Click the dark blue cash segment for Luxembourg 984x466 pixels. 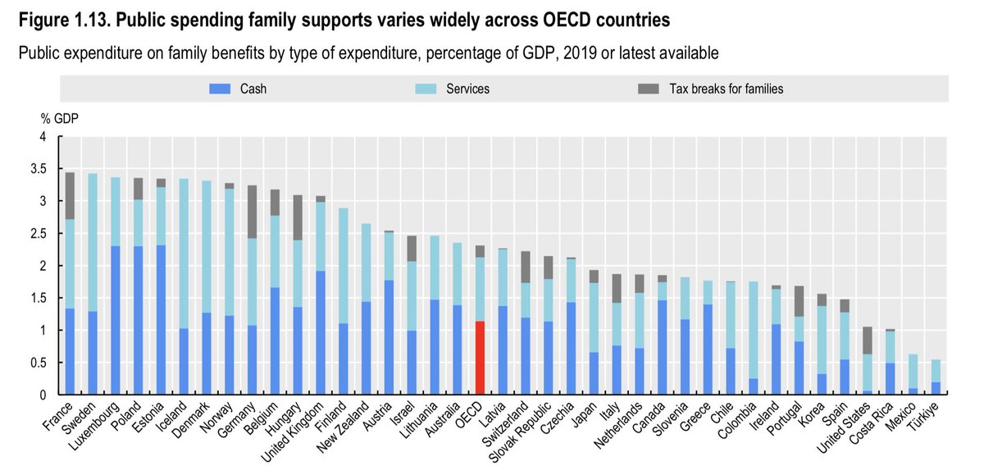[116, 321]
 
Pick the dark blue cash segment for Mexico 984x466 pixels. [913, 391]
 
